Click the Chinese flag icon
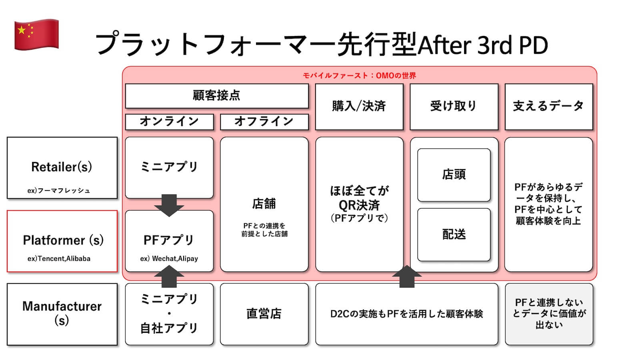(x=36, y=34)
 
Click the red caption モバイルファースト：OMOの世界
(x=359, y=76)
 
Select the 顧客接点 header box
(x=216, y=96)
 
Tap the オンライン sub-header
(x=169, y=122)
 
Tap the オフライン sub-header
(x=264, y=122)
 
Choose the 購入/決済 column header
(x=359, y=106)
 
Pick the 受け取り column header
(x=454, y=106)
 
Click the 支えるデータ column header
(x=548, y=106)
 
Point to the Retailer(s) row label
(x=62, y=167)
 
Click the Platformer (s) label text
(x=63, y=240)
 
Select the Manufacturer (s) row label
(x=62, y=313)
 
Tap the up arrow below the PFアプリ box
(x=169, y=276)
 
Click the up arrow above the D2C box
(x=407, y=276)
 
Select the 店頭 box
(x=454, y=175)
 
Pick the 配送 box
(x=454, y=234)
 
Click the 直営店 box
(x=264, y=314)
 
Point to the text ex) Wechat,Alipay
(x=169, y=259)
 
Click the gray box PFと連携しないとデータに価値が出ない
(x=549, y=314)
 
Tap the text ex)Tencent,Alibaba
(x=59, y=259)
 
